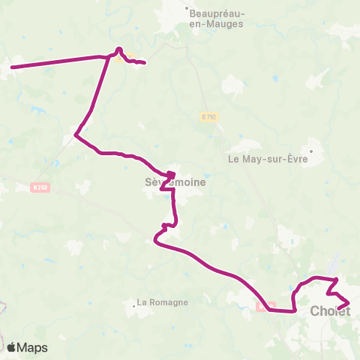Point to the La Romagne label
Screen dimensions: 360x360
tap(162, 303)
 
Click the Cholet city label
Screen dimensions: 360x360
tap(330, 312)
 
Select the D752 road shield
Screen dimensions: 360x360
tap(209, 116)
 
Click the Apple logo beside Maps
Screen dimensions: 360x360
tap(12, 347)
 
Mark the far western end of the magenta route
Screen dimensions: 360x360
tap(11, 67)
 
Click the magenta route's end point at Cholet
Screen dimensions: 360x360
tap(340, 307)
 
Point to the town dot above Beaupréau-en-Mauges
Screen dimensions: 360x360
tap(187, 9)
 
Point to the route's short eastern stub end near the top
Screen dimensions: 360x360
tap(143, 62)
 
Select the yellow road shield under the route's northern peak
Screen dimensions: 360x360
tap(124, 57)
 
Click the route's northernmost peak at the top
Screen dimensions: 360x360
tap(118, 49)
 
